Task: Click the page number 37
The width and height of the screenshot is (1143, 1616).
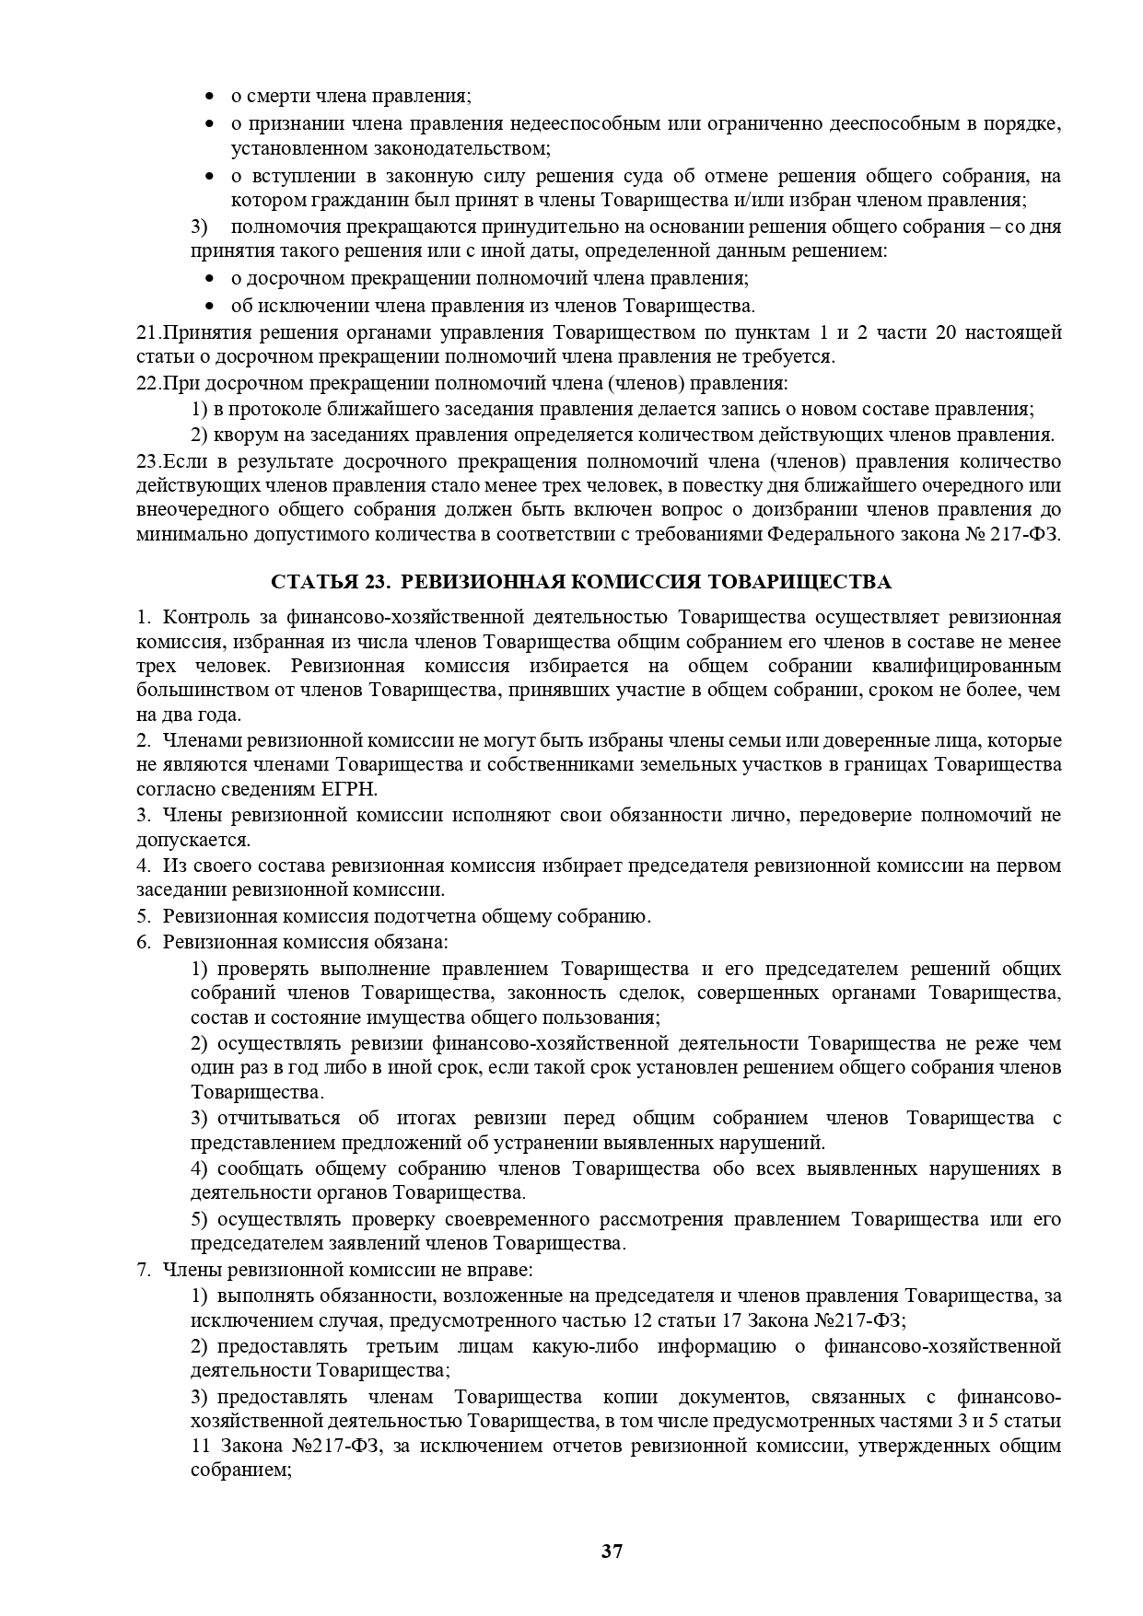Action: click(x=612, y=1551)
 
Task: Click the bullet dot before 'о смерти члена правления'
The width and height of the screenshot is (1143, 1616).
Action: click(x=210, y=97)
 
